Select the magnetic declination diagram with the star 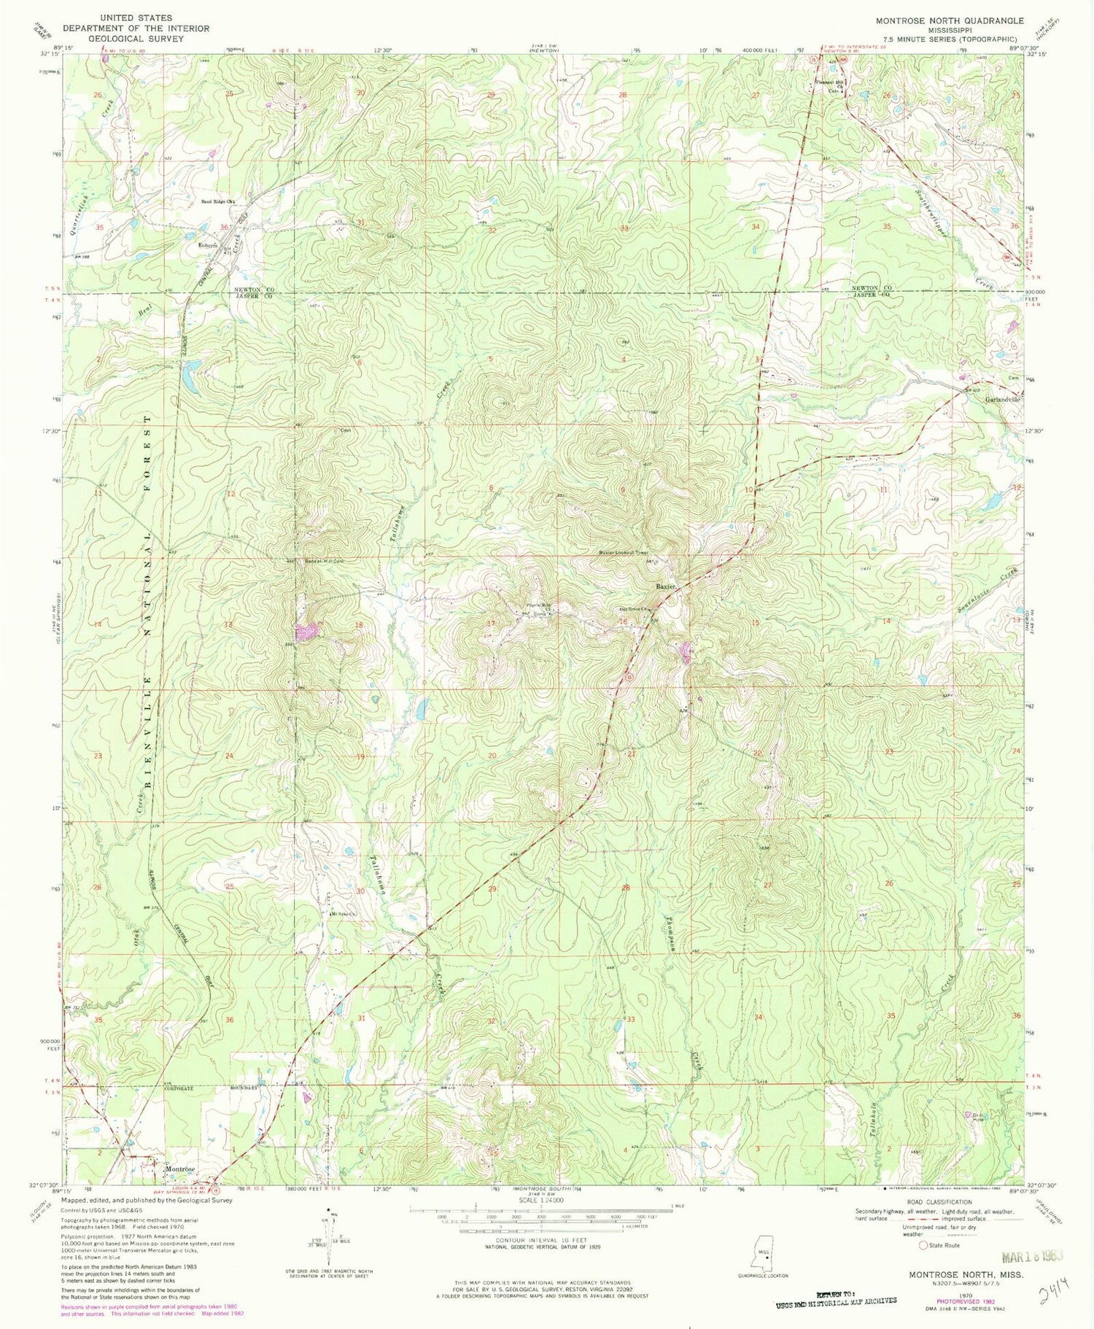pos(330,1239)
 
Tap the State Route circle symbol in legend pos(924,1245)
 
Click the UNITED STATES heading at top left pos(136,18)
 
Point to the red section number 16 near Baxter pos(624,621)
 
